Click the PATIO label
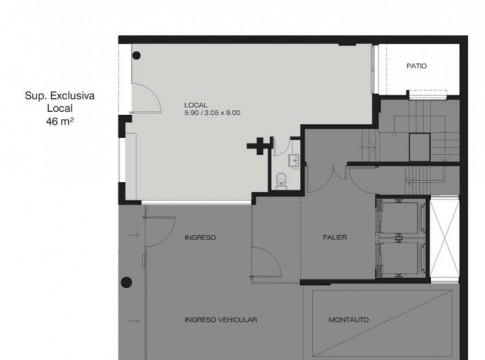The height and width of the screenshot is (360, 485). coord(416,66)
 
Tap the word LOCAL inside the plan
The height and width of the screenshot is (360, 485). coord(196,105)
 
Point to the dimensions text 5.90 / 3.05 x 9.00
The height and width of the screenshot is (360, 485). coord(212,113)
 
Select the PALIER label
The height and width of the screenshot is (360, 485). coord(335,237)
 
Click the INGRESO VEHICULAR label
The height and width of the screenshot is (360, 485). coord(221,320)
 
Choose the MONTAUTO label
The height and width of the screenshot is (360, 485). coord(349,320)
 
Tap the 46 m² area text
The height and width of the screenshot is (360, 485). coord(60,121)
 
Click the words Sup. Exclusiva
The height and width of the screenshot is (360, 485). coord(60,96)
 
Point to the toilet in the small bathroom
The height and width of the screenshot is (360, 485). coord(282,180)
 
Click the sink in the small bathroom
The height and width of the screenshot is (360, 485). coord(295,161)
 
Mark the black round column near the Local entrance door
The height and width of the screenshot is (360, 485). coord(136,56)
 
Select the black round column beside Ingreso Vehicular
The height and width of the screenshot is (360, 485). coord(126,282)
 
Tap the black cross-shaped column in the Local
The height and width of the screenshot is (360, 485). coord(260,146)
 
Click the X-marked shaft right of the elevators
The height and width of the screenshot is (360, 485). coord(445,239)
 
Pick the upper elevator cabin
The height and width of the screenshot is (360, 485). coord(400,217)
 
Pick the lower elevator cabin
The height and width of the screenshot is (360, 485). coord(400,258)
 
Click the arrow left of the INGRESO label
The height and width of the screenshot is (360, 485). coord(133,235)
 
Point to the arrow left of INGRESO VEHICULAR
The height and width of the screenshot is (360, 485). coord(133,321)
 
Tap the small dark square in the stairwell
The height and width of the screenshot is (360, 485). coord(419,147)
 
